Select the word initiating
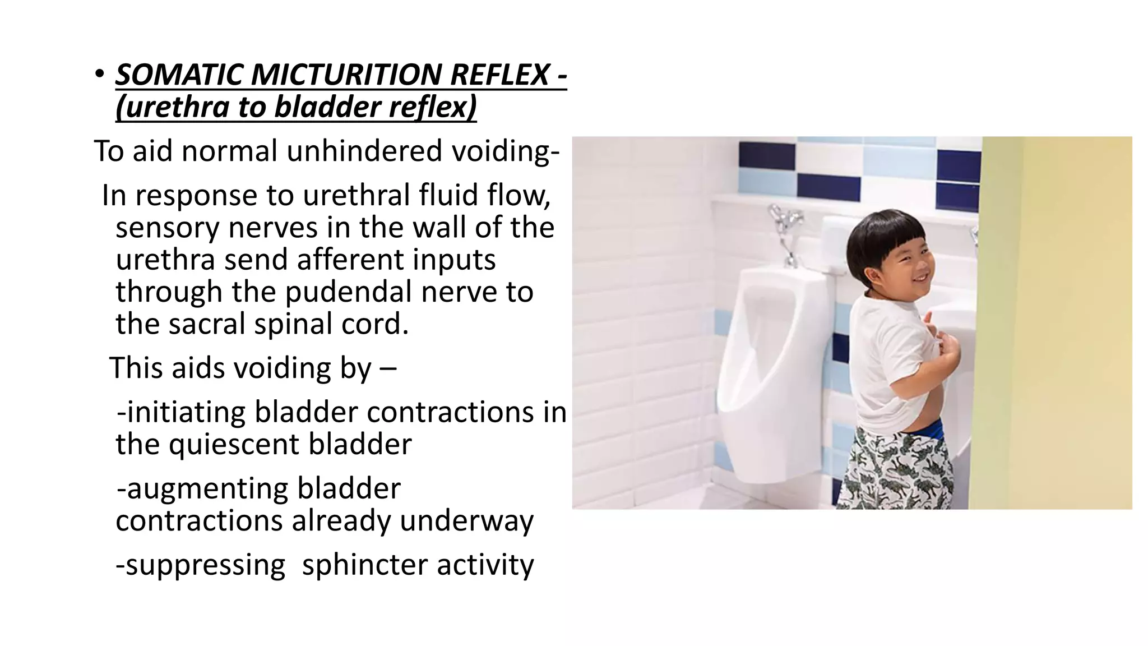pos(186,412)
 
